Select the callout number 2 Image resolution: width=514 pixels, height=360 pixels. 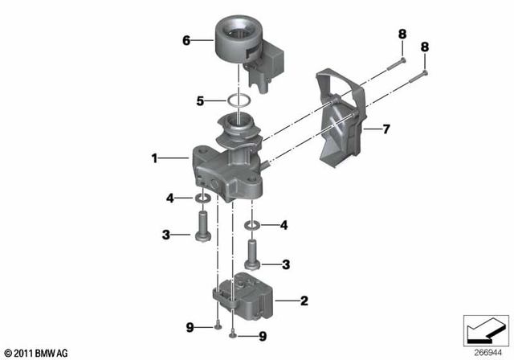(304, 301)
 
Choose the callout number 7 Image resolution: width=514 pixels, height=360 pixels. (386, 129)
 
